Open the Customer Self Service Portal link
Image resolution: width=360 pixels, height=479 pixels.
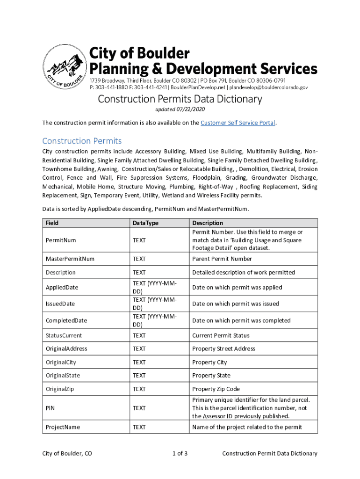pos(238,123)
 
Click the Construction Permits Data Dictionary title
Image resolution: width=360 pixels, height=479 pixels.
pos(180,99)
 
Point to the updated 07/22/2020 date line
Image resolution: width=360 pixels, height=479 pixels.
pos(180,109)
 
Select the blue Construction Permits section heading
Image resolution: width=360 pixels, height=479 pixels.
pos(82,141)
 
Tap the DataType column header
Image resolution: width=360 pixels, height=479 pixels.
pos(145,223)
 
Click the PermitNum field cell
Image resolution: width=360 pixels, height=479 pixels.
pos(61,240)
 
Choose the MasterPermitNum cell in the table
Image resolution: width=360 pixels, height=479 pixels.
pos(70,259)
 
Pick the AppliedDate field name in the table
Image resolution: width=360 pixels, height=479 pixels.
pos(62,287)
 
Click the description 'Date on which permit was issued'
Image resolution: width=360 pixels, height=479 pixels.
pos(236,304)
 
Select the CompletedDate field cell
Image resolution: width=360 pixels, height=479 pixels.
pos(66,320)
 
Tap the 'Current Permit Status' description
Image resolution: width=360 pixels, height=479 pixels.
pos(221,335)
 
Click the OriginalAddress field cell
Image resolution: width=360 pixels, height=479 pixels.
pos(66,348)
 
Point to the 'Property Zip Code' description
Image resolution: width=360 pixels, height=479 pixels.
pos(216,389)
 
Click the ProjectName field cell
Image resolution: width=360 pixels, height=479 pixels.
pos(63,427)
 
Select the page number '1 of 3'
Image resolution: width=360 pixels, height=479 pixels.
pos(180,453)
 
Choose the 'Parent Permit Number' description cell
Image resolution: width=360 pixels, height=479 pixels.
pos(222,259)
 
